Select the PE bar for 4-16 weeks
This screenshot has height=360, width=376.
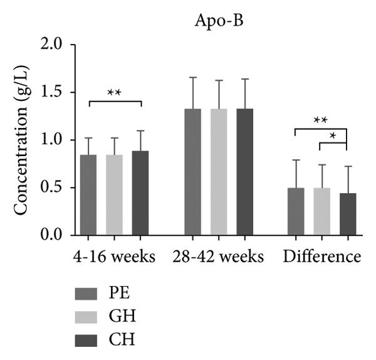point(88,195)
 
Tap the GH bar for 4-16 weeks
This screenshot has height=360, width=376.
point(114,195)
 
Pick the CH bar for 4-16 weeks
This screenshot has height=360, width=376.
point(140,193)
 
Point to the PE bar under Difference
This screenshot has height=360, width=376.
point(296,211)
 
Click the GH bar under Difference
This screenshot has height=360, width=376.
point(321,211)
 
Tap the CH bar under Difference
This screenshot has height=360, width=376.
point(348,214)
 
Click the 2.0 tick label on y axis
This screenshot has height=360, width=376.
point(53,45)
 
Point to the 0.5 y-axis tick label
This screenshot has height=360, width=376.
point(53,188)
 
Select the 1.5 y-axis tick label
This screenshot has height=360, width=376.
point(53,92)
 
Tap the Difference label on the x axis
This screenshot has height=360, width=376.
point(322,257)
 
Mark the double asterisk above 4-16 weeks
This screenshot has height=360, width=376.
point(114,93)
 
